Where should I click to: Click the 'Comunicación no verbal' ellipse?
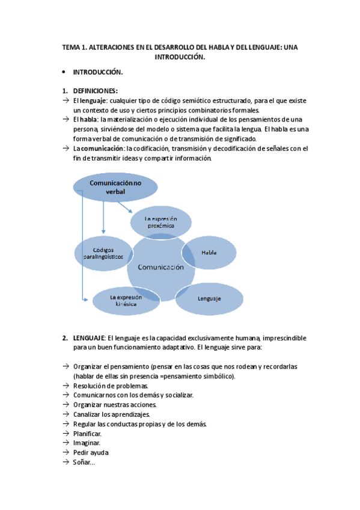tap(115, 186)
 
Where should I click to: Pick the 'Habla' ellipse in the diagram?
tap(209, 253)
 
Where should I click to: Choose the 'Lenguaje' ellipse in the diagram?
tap(209, 298)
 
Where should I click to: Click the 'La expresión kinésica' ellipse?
tap(125, 300)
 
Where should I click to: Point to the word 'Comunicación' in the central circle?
tap(160, 268)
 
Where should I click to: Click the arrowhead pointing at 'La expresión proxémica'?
tap(130, 211)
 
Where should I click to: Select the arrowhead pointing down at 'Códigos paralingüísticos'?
tap(103, 232)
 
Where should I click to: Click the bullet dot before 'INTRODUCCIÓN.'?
tap(64, 72)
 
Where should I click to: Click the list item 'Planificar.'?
tap(87, 433)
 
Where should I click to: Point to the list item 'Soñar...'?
tap(84, 462)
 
